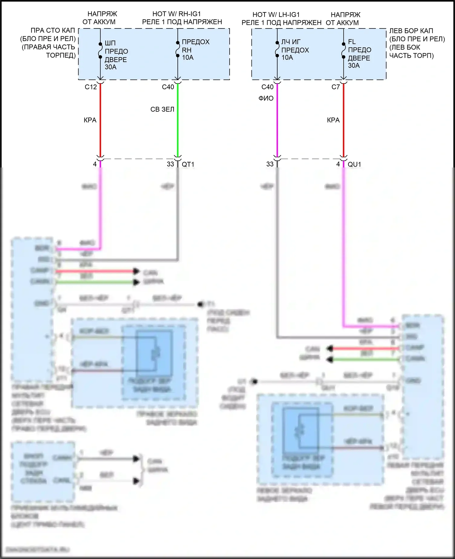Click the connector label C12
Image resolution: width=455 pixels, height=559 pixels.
click(x=91, y=87)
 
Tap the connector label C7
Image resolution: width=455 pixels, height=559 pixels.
click(x=335, y=87)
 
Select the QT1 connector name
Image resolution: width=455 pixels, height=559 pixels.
click(x=188, y=164)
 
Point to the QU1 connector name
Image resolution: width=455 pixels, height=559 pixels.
click(x=354, y=164)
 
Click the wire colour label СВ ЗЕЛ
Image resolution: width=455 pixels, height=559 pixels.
click(x=162, y=109)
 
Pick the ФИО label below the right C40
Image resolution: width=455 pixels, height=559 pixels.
click(x=266, y=98)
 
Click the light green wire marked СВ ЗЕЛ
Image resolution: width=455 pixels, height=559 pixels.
click(x=178, y=127)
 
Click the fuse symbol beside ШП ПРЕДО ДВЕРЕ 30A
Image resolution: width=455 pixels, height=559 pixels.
click(x=100, y=50)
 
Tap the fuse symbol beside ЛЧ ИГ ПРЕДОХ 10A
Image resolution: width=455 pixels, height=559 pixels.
click(x=277, y=49)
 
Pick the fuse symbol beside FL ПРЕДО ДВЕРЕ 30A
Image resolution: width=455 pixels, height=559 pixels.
click(x=344, y=50)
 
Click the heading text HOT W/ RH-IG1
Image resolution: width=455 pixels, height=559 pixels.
click(x=176, y=14)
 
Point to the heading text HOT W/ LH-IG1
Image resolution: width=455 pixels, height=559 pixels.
click(x=276, y=15)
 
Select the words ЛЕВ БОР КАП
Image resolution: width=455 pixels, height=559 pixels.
click(x=411, y=31)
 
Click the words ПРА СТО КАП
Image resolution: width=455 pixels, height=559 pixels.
click(x=53, y=31)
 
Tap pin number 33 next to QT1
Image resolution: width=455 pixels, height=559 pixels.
click(x=170, y=164)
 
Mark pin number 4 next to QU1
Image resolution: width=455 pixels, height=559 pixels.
click(x=338, y=164)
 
